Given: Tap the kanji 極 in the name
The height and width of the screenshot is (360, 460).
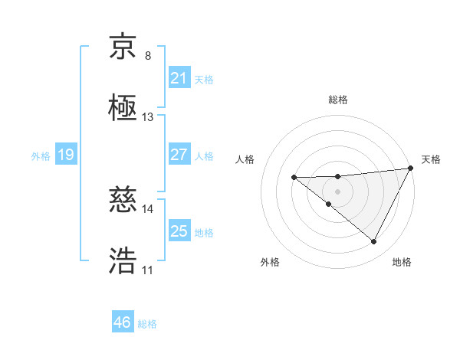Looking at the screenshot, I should click(x=123, y=109).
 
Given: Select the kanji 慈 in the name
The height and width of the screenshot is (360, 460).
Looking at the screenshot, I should click(x=123, y=201).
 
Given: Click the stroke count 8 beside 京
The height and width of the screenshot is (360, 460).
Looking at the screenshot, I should click(x=148, y=56).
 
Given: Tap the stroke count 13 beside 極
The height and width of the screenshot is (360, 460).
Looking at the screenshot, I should click(x=148, y=117).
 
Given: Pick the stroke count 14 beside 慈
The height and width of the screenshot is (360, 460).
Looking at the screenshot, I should click(x=148, y=208).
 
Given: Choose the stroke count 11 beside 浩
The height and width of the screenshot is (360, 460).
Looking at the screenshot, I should click(x=148, y=270).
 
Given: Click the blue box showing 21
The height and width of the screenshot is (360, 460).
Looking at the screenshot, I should click(x=179, y=78).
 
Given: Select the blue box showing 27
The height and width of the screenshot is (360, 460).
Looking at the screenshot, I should click(x=179, y=155).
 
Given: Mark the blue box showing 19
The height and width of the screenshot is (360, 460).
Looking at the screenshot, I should click(x=65, y=155).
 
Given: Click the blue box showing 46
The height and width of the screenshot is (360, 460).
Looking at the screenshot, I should click(x=122, y=322).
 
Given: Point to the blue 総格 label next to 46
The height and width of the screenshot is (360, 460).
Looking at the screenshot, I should click(x=147, y=324).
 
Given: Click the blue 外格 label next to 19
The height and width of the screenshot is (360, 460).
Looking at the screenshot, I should click(x=41, y=156).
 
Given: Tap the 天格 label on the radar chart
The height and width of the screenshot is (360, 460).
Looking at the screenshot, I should click(x=431, y=159).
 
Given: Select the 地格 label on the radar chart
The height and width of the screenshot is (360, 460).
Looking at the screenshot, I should click(x=402, y=262).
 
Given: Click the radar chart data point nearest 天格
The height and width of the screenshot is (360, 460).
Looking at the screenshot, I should click(x=412, y=169).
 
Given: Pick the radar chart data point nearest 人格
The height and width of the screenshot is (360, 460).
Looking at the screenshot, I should click(x=294, y=178).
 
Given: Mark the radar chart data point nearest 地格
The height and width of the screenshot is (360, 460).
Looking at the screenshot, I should click(x=374, y=242).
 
